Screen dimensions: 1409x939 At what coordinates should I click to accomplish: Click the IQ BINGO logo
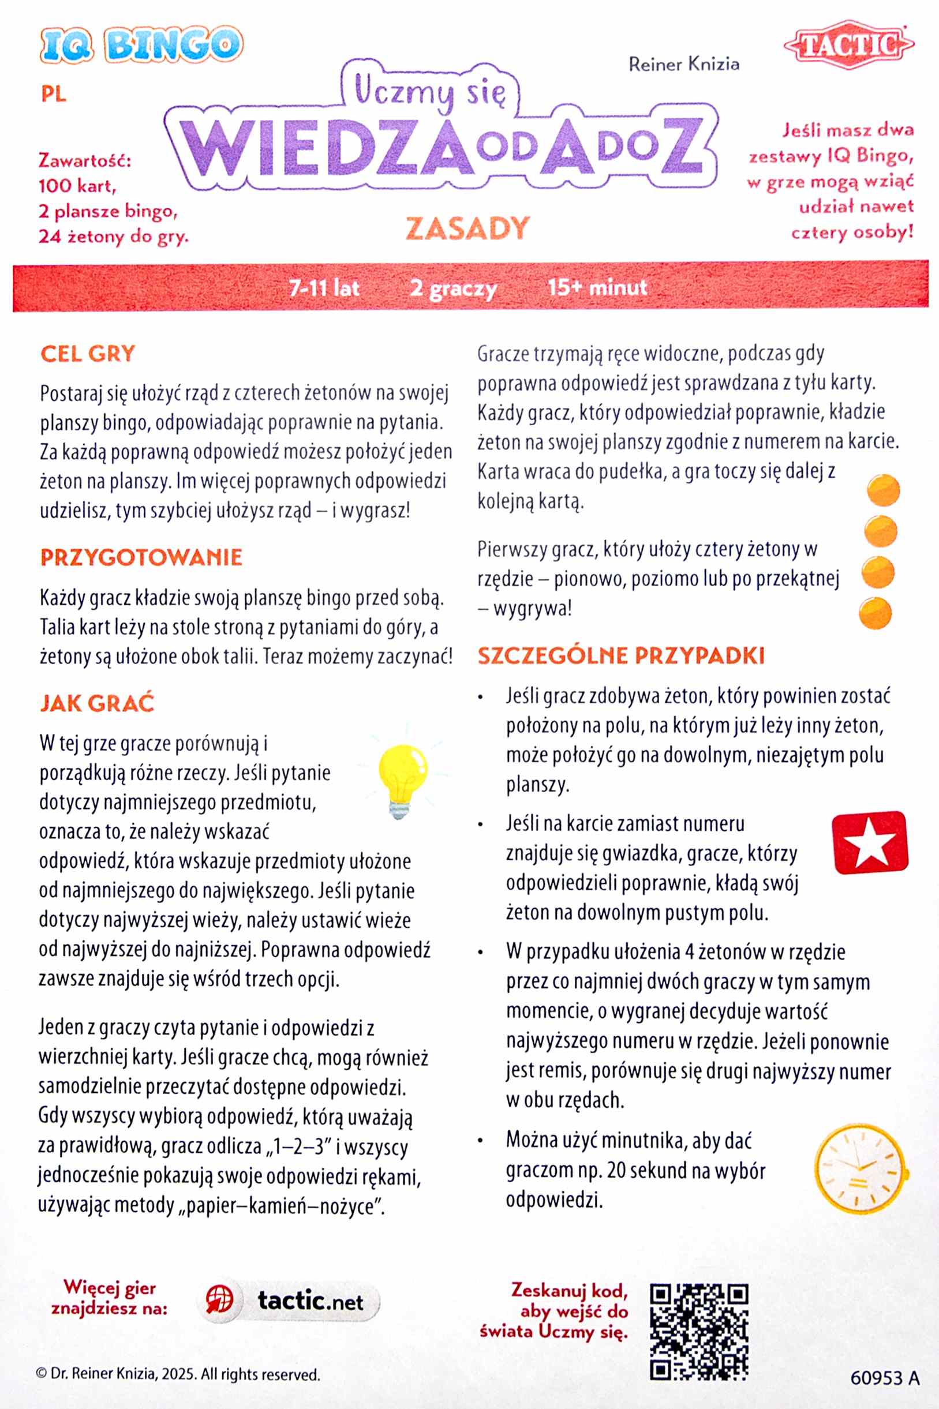141,44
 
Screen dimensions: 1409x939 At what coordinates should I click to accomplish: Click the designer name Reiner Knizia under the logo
684,64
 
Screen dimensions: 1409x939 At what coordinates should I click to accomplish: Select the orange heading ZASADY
467,228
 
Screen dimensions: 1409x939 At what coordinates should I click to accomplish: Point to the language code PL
54,95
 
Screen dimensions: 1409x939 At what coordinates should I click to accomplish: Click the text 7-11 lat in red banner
324,288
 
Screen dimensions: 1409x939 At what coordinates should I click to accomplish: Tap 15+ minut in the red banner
597,287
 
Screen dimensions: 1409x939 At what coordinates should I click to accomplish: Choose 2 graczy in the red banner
453,288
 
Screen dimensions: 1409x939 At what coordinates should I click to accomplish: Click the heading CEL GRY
87,353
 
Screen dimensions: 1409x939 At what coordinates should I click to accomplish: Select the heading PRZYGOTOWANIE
141,557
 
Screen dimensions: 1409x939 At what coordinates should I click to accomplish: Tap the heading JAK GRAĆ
97,703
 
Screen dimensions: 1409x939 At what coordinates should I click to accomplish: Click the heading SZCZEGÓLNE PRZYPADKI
621,655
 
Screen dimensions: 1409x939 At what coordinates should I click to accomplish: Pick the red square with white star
870,843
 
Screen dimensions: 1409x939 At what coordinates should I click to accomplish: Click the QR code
699,1332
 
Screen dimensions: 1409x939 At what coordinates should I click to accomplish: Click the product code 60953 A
885,1378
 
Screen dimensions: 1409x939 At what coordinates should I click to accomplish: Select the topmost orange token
884,490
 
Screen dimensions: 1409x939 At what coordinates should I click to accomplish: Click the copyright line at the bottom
178,1374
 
